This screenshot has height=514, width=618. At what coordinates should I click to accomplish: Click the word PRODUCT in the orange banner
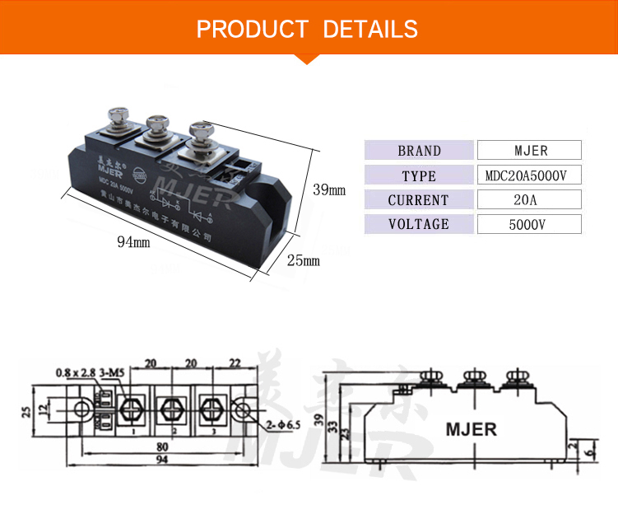(252, 30)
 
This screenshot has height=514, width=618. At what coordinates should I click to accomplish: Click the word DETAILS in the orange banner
(370, 30)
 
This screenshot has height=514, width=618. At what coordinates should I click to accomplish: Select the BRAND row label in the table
(419, 151)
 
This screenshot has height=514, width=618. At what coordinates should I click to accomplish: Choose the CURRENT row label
(419, 200)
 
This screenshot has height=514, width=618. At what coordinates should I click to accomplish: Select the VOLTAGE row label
(419, 224)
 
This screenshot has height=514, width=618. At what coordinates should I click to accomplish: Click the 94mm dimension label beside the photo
(133, 242)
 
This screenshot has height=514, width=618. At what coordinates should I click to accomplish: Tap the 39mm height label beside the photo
(329, 190)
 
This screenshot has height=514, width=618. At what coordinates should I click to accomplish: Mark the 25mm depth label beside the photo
(302, 260)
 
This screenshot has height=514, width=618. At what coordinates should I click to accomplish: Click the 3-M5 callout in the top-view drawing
(112, 372)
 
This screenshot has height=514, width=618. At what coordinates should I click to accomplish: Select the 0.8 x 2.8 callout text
(75, 372)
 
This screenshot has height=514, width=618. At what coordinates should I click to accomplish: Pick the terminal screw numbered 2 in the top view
(171, 409)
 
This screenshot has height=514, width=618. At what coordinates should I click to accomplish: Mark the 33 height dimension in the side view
(332, 428)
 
